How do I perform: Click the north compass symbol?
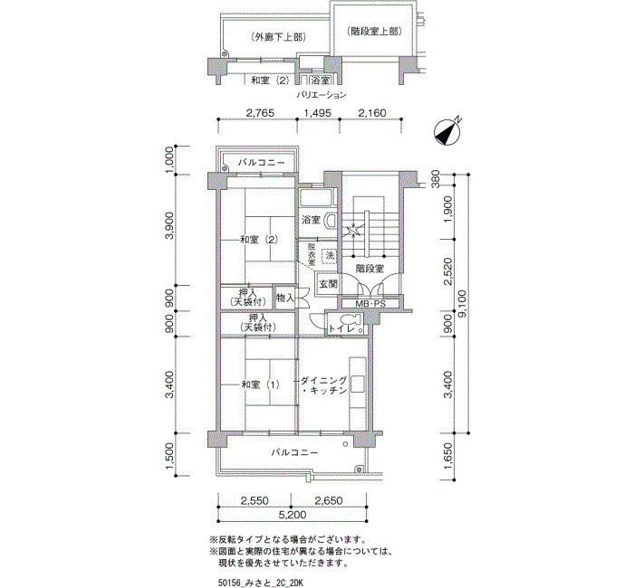(x=448, y=132)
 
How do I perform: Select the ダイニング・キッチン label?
(x=324, y=385)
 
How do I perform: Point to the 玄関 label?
(x=328, y=284)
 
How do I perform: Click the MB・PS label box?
(x=370, y=304)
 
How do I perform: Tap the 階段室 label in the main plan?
(x=370, y=268)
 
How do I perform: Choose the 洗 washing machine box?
(x=330, y=256)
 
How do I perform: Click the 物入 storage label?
(x=284, y=298)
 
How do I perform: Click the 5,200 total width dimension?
(x=292, y=515)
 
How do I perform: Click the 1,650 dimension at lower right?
(x=448, y=456)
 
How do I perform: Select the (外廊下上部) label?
(x=278, y=37)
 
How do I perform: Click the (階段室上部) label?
(x=374, y=32)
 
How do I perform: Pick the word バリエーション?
(x=322, y=95)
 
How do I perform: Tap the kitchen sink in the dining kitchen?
(x=358, y=384)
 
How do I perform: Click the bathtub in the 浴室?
(x=318, y=198)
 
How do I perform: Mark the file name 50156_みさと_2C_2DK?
(x=261, y=583)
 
